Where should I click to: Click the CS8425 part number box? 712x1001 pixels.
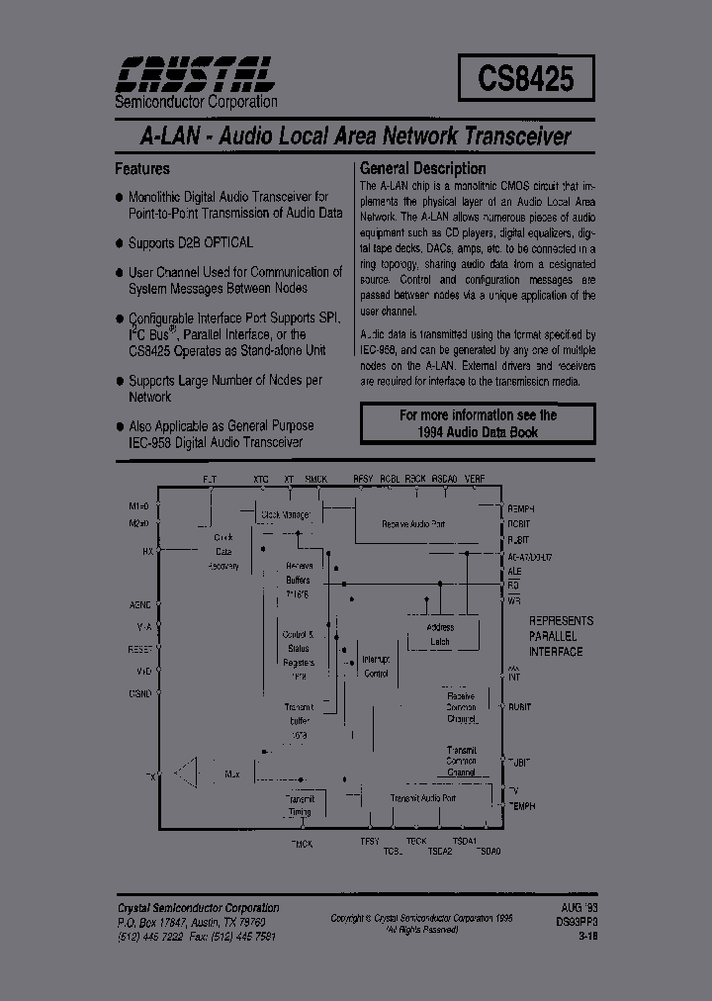(526, 76)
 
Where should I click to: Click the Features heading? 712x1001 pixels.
(142, 168)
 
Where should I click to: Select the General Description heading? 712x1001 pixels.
(422, 168)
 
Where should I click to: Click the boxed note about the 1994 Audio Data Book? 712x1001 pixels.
(478, 423)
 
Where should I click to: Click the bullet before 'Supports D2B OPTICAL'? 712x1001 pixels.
(120, 242)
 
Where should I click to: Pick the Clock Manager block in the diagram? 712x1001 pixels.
(285, 515)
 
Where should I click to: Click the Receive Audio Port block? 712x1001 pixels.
(413, 523)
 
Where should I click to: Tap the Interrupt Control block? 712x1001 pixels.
(376, 666)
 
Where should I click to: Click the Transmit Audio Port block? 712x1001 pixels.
(422, 797)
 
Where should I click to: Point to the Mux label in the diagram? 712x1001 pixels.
(232, 773)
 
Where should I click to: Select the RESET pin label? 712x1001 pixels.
(141, 650)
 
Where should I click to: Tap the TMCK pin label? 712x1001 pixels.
(301, 844)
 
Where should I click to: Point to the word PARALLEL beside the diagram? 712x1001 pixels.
(557, 636)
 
